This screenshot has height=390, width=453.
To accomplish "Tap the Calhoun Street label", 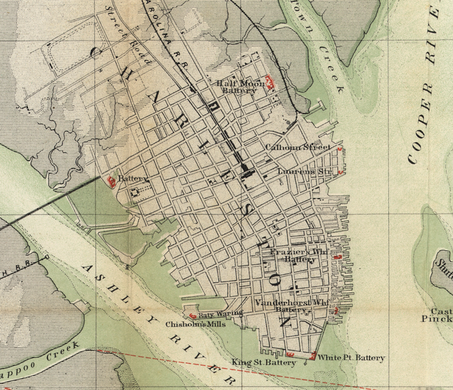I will click(x=298, y=147).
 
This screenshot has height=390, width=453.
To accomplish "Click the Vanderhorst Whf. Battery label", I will click(x=292, y=306).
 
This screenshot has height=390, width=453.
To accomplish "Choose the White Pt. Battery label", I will click(x=351, y=358).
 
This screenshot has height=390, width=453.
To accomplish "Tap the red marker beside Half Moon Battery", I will click(x=270, y=84).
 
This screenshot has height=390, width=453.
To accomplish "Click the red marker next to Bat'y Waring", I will click(x=193, y=316).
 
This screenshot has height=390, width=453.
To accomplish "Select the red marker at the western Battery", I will click(x=110, y=180).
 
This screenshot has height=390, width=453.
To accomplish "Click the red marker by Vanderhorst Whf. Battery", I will click(x=336, y=310).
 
